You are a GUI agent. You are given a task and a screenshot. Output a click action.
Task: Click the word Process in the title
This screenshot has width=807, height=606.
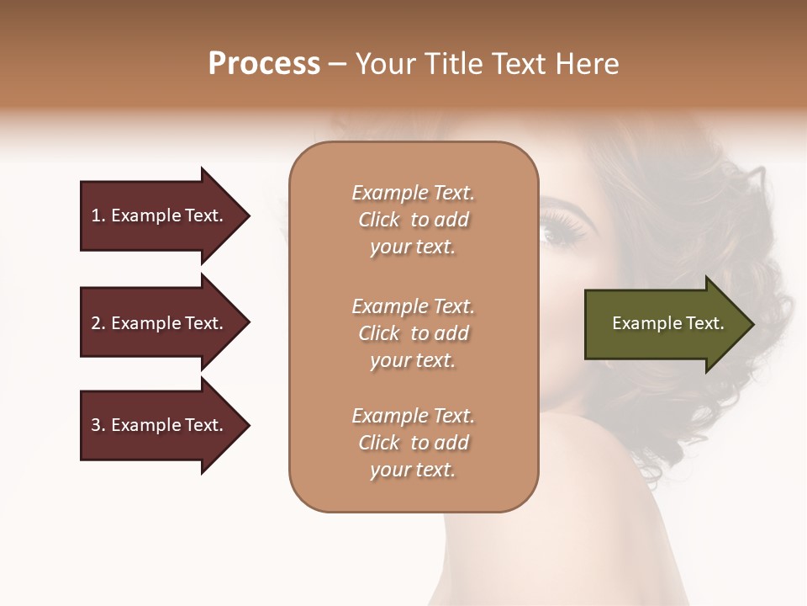click(264, 64)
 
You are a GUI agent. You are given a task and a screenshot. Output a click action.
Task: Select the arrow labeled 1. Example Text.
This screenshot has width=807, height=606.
click(160, 215)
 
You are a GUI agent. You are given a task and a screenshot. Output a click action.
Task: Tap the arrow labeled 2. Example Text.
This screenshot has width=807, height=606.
click(160, 323)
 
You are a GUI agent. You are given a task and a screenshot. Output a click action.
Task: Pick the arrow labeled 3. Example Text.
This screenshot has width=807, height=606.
click(160, 425)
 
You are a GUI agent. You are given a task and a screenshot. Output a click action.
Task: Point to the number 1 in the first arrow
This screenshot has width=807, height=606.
click(96, 215)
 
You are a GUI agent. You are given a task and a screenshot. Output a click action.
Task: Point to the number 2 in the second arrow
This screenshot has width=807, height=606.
click(96, 323)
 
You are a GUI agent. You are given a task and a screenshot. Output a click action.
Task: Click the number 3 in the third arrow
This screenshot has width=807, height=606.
click(96, 425)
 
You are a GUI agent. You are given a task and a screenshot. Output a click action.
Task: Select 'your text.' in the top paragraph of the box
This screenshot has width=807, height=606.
click(412, 247)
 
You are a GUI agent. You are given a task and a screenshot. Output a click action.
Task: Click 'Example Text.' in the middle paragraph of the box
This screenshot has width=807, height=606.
click(413, 306)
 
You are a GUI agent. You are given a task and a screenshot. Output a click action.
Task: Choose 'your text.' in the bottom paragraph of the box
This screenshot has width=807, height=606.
click(412, 470)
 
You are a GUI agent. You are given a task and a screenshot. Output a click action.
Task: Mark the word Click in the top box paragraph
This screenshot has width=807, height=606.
click(379, 221)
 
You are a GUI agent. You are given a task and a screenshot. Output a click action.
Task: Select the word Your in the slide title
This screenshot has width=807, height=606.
click(383, 64)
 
